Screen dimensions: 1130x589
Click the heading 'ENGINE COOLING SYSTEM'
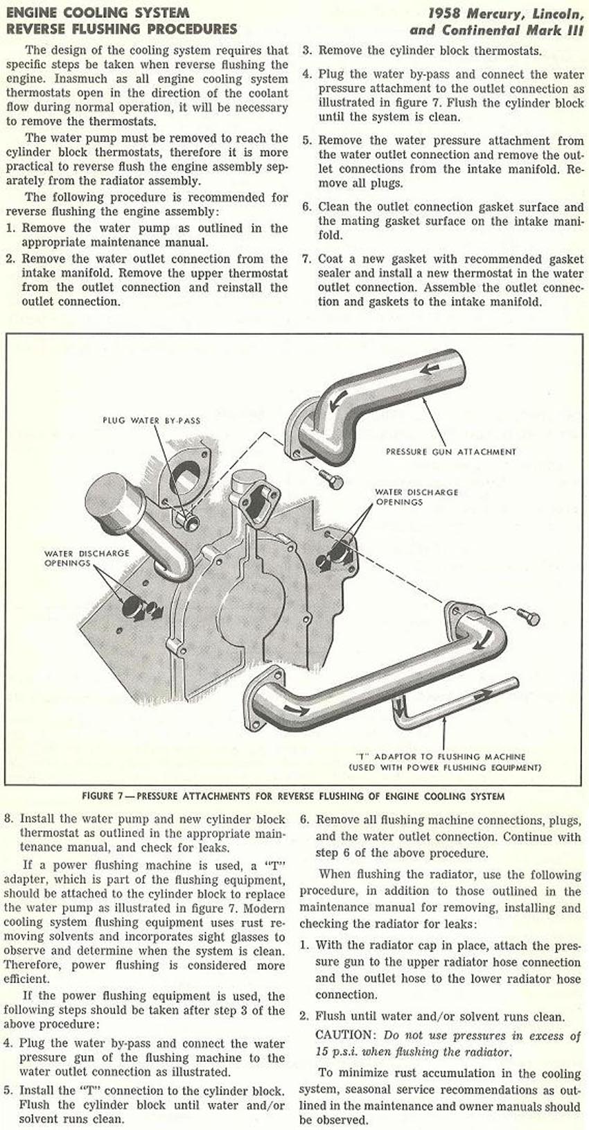(x=97, y=12)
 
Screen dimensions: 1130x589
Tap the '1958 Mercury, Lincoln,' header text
(x=505, y=12)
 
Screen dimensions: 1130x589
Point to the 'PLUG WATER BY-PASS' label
(x=151, y=420)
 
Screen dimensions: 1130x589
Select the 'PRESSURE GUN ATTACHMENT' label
(x=450, y=451)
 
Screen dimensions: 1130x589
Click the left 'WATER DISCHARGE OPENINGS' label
(x=87, y=558)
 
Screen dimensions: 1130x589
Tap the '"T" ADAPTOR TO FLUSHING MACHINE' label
(x=440, y=757)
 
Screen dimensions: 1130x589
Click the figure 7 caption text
(x=293, y=796)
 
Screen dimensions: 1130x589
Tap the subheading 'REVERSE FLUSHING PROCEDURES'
(x=121, y=29)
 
